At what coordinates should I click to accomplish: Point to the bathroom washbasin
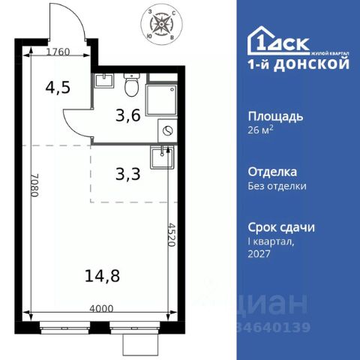(x=103, y=81)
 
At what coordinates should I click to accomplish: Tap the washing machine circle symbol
(x=167, y=130)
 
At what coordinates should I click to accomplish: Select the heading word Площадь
(x=275, y=116)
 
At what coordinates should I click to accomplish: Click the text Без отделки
(x=277, y=187)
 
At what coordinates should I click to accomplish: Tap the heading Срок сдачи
(x=281, y=226)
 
